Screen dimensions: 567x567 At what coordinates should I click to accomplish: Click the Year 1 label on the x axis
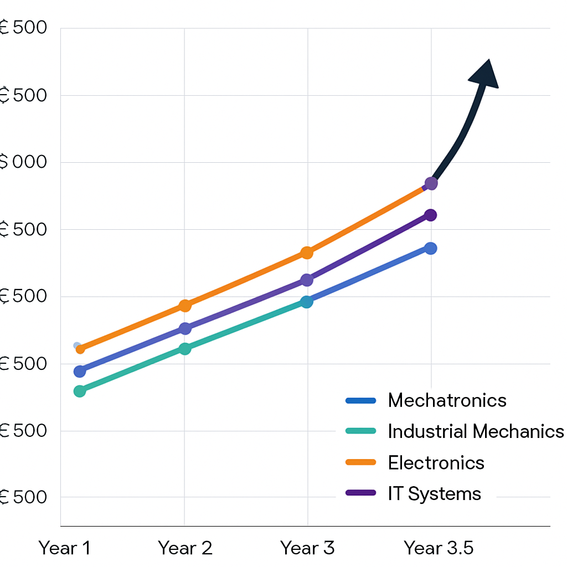click(64, 548)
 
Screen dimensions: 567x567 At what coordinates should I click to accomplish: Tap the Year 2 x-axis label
click(185, 548)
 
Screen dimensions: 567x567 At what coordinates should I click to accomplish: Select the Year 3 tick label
click(307, 548)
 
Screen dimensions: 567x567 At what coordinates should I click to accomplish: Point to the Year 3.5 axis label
click(439, 548)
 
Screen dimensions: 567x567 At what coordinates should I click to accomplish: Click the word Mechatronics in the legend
click(447, 400)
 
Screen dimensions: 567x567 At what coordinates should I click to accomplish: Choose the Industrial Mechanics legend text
click(476, 431)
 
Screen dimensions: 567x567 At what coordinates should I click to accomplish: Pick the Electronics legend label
click(436, 462)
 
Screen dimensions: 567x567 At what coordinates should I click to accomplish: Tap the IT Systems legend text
click(434, 493)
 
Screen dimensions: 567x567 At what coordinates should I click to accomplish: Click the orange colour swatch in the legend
click(360, 462)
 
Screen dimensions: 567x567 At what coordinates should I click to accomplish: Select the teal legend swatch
click(360, 431)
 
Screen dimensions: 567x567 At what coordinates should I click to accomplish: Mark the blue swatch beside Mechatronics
click(360, 400)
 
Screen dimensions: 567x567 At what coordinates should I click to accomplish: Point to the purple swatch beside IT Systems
click(360, 493)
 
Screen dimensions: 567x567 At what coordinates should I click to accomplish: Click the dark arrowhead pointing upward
click(485, 74)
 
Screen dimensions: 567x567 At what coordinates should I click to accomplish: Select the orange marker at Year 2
click(185, 305)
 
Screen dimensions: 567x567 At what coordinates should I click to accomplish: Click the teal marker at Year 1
click(80, 391)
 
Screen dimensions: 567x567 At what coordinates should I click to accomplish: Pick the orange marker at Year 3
click(307, 252)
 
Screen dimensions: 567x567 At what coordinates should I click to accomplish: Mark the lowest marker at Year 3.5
click(431, 248)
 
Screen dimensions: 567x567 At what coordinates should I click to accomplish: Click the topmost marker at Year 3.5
click(431, 183)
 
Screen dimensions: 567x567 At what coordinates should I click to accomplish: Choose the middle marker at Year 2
click(185, 328)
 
